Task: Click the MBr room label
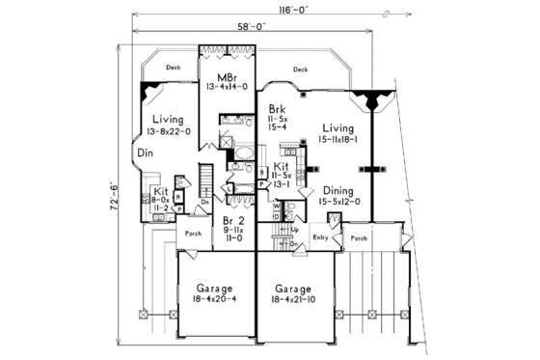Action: pyautogui.click(x=228, y=76)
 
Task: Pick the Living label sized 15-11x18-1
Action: pyautogui.click(x=337, y=127)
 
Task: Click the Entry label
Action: pyautogui.click(x=321, y=236)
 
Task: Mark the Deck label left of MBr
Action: pyautogui.click(x=173, y=68)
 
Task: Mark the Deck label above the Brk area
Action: pyautogui.click(x=300, y=69)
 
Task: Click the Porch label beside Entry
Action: pyautogui.click(x=360, y=237)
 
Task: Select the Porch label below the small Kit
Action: pyautogui.click(x=193, y=233)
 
